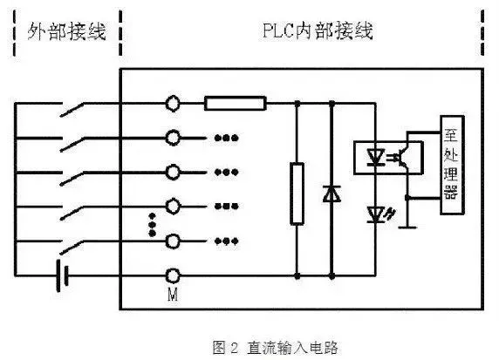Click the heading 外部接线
point(66,31)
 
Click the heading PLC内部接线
point(318,31)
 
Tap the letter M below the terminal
point(173,295)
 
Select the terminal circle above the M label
point(173,275)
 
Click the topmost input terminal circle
point(173,104)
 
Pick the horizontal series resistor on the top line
point(236,104)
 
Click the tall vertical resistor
point(297,194)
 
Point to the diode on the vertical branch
point(332,194)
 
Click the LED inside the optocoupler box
point(375,158)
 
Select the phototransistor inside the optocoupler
point(402,157)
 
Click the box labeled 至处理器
point(452,165)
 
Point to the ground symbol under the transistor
point(407,227)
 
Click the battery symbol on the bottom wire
point(62,275)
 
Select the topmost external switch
point(72,109)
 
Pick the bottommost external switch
point(72,247)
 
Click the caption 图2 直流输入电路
point(275,347)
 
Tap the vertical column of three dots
point(152,225)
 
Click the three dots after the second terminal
point(226,138)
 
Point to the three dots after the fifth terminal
point(226,241)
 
